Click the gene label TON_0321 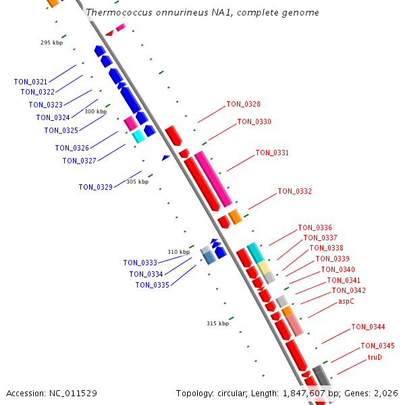[30, 82]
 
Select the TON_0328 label [243, 104]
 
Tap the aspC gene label [346, 301]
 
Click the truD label [375, 356]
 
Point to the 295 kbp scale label [51, 43]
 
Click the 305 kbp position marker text [137, 182]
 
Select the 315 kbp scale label [217, 323]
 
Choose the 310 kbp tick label [178, 252]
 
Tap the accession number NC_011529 [73, 393]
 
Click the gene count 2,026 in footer [386, 393]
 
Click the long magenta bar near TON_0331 [213, 179]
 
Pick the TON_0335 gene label [152, 285]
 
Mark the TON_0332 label [294, 191]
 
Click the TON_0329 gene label [95, 187]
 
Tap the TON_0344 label [368, 327]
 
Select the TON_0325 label [61, 130]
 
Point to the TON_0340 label [337, 269]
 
